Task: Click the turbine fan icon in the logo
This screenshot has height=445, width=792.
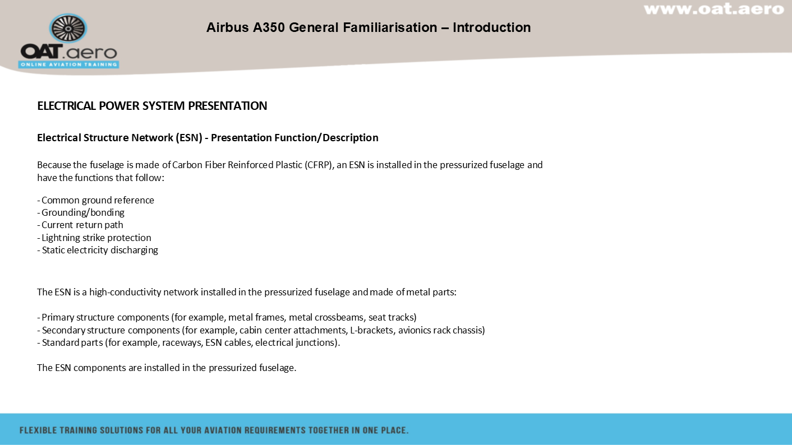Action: click(x=68, y=28)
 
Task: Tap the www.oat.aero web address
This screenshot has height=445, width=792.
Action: click(x=714, y=9)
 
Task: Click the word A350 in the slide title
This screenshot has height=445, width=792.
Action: click(x=269, y=27)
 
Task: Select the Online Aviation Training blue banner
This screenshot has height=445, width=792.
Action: click(x=68, y=64)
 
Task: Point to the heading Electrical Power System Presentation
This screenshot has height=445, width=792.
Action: click(x=152, y=106)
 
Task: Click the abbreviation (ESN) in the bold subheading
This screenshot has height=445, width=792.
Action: click(x=189, y=137)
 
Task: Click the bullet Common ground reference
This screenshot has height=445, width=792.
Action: click(x=96, y=200)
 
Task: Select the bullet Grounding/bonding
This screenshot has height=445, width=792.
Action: click(x=81, y=212)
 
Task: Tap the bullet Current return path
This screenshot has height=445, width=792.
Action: click(x=80, y=225)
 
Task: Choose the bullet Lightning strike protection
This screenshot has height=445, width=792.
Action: click(x=94, y=238)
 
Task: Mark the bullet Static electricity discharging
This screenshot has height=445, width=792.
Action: click(x=98, y=250)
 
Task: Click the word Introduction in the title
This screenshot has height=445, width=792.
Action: click(x=492, y=27)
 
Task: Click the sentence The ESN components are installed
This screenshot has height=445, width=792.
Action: click(x=167, y=368)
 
